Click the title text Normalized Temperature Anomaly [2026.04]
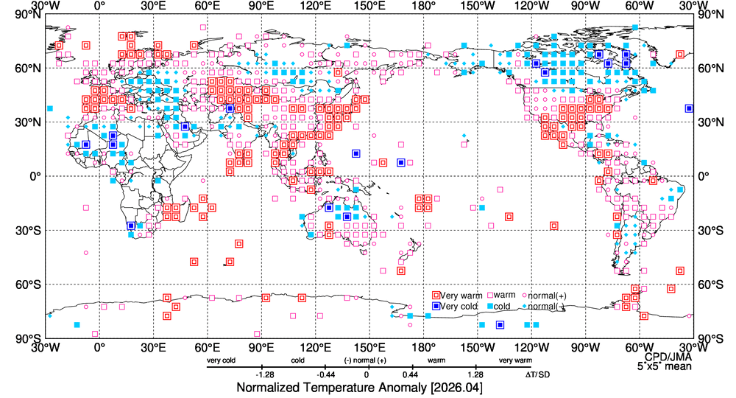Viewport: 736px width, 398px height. [359, 388]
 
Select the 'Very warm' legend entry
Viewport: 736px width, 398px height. [457, 296]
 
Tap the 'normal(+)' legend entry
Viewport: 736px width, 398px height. [544, 296]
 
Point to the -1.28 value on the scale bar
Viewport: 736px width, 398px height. [265, 375]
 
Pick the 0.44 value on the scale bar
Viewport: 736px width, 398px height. [411, 375]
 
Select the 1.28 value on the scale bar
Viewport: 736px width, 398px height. [475, 375]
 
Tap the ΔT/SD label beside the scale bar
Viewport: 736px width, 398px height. [537, 375]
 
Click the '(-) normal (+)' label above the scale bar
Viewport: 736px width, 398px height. [365, 360]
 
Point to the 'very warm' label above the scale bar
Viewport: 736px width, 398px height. [515, 360]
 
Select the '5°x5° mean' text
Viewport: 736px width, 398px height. [664, 366]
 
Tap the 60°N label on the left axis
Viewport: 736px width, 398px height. [30, 69]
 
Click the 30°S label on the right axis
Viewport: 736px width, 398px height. [711, 231]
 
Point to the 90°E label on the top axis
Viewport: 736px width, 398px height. [261, 6]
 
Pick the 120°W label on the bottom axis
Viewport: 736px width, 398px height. [532, 348]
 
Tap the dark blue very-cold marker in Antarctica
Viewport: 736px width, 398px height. [500, 325]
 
